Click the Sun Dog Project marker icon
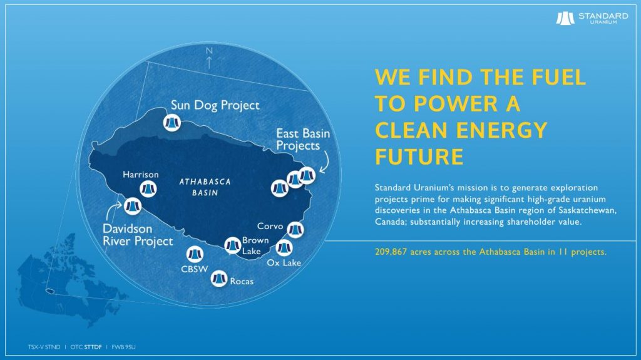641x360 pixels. [x=172, y=123]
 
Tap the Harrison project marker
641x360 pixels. [x=148, y=189]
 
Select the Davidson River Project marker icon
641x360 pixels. [x=133, y=206]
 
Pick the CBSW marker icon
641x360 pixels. [x=195, y=254]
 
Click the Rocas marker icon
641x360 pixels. [x=219, y=279]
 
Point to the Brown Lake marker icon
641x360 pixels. [x=233, y=245]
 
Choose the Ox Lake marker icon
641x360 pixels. [x=284, y=247]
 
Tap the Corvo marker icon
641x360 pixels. [x=295, y=230]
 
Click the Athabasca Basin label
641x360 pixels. [x=205, y=187]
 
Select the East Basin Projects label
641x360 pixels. [x=303, y=140]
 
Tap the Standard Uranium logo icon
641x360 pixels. [x=565, y=18]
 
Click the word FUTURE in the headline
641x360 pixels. [x=419, y=157]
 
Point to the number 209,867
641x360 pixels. [x=391, y=252]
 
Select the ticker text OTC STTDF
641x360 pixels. [x=86, y=347]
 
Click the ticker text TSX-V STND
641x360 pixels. [x=44, y=347]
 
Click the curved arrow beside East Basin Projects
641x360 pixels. [x=326, y=162]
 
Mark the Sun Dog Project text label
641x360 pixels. [x=215, y=105]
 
